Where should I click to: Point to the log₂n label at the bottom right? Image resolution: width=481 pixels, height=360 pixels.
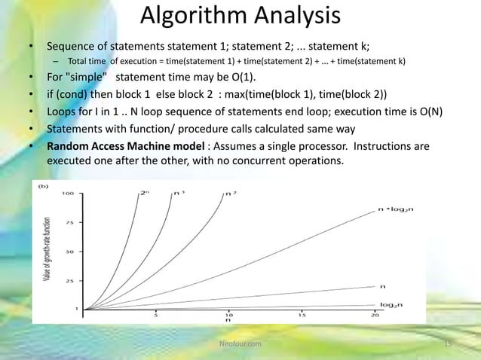(x=390, y=304)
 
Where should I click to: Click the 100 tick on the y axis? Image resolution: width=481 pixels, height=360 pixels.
(x=67, y=193)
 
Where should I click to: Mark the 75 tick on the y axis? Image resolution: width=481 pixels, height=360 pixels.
(x=69, y=222)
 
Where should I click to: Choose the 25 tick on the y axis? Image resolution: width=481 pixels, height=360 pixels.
(x=69, y=281)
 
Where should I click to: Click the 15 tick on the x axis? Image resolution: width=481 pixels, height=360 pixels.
(x=301, y=316)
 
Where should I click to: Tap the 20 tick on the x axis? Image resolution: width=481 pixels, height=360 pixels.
(x=374, y=316)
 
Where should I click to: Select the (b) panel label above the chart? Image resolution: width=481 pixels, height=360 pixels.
(x=44, y=184)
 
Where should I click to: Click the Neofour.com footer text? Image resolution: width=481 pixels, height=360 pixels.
(x=240, y=343)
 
